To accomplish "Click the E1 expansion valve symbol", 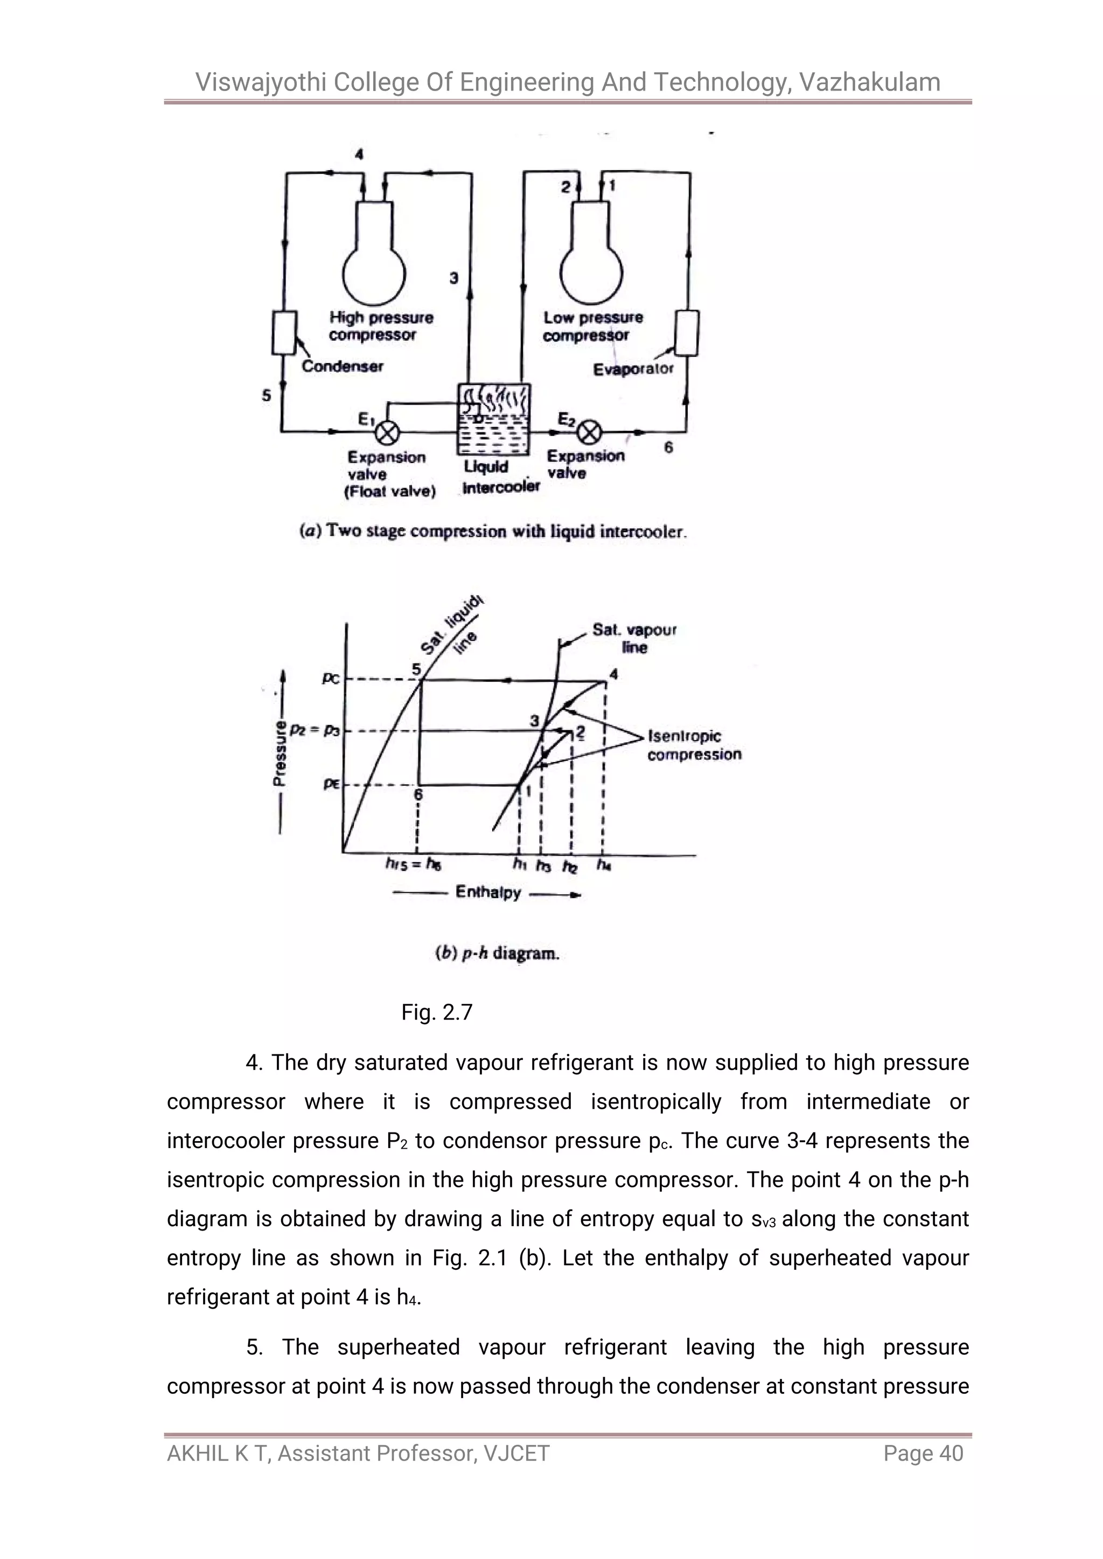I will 388,432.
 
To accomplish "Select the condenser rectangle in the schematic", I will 284,332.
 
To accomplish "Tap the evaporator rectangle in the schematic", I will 687,332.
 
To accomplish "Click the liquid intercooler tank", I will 494,420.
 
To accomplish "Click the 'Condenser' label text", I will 343,367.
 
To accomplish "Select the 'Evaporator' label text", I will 633,369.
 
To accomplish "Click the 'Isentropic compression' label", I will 694,745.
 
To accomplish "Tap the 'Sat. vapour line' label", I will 634,638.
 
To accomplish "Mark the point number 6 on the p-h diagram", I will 419,794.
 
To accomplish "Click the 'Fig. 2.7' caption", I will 437,1012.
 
